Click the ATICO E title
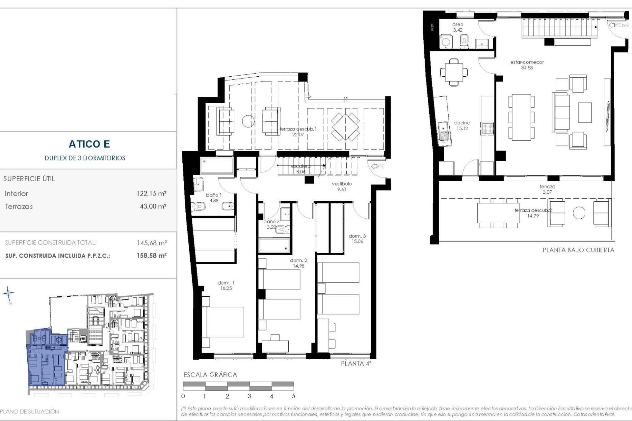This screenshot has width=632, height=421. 89,144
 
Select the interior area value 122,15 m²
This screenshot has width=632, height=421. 151,193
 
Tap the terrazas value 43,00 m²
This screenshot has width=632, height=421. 153,207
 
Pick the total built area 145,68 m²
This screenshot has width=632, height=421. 152,243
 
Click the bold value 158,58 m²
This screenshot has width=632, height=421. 152,256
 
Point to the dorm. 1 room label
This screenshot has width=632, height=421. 226,283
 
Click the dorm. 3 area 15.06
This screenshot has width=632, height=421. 357,241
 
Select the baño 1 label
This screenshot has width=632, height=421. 214,195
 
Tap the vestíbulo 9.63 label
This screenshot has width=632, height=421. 342,186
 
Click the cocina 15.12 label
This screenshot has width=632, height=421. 462,126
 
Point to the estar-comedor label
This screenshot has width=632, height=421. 527,62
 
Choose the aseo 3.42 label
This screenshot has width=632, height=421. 458,27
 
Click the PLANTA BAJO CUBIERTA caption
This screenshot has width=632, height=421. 578,250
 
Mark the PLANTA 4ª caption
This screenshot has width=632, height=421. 356,363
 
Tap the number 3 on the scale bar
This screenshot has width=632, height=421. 249,396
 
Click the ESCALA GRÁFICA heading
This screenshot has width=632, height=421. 210,375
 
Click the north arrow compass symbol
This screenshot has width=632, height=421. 9,293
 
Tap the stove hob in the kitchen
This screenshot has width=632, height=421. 487,128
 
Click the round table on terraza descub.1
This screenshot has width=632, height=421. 249,121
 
